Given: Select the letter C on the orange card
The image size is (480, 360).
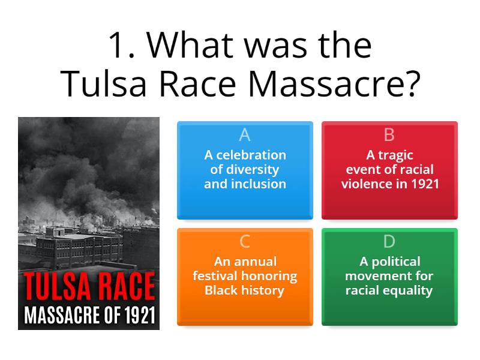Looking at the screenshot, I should point(244,241).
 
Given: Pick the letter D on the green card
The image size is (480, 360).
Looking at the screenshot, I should point(389,241).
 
